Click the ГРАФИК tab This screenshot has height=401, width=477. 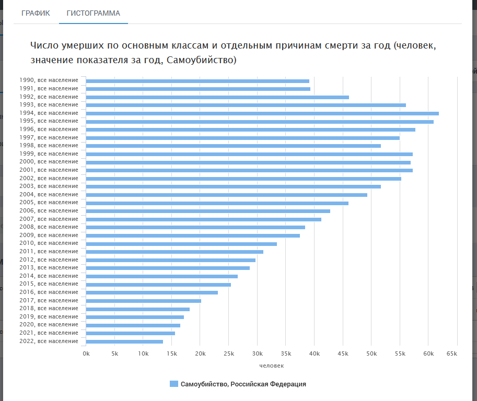[x=36, y=13]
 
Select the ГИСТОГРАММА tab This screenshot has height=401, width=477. [x=94, y=13]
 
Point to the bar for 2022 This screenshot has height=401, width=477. [x=124, y=341]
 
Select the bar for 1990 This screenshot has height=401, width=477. [x=197, y=81]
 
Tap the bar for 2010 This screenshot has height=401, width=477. [x=181, y=244]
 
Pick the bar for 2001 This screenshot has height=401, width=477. [x=249, y=170]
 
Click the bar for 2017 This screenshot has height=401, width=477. [x=144, y=301]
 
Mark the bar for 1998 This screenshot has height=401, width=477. [x=234, y=146]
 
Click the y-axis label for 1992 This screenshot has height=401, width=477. [x=49, y=97]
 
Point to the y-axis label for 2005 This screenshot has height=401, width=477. [x=49, y=202]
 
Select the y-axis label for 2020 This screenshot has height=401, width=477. [x=49, y=324]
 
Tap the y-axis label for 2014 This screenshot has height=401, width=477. [x=49, y=276]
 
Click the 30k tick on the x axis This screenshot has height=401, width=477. [x=257, y=353]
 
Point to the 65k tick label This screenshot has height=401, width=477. [x=452, y=353]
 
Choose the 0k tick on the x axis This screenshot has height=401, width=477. [x=86, y=353]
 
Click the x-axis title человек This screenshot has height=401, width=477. [x=271, y=365]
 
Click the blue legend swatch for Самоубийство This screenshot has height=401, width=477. [x=174, y=384]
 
